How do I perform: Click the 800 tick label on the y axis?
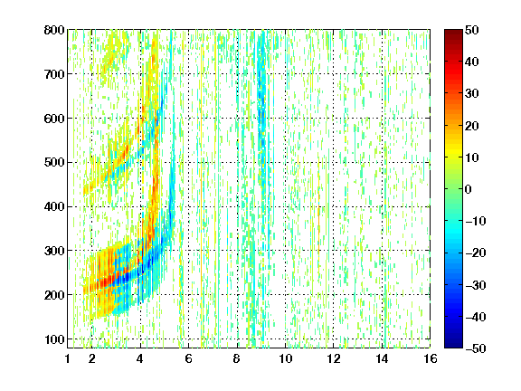point(54,30)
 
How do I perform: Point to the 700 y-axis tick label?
point(54,74)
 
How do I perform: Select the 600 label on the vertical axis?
point(54,119)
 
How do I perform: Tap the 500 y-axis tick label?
point(54,163)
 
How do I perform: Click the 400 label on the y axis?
point(54,206)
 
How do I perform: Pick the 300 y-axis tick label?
point(54,251)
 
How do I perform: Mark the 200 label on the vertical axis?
point(54,295)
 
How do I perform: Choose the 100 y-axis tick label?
point(54,339)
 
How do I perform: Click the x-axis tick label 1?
point(68,358)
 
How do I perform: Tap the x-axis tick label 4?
point(140,358)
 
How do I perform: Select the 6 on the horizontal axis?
point(188,358)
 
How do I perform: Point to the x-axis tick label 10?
point(286,358)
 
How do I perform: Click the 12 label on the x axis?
point(334,358)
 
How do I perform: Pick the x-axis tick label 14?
point(382,358)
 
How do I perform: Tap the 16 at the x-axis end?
point(431,358)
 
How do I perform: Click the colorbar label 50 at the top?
point(471,30)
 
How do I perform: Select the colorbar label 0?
point(469,189)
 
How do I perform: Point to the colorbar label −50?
point(475,348)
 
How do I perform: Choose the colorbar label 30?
point(471,93)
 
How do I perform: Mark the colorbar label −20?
point(475,253)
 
